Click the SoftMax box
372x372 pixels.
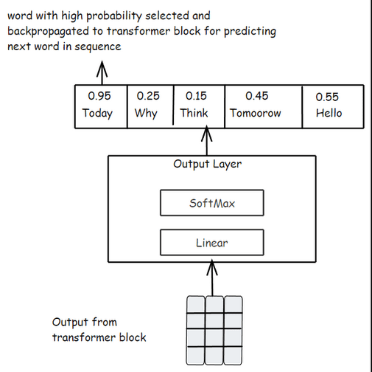[x=211, y=203]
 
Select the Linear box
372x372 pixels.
[x=211, y=242]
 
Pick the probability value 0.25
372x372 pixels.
[x=148, y=96]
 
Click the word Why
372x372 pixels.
[x=146, y=114]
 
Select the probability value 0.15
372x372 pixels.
[x=196, y=96]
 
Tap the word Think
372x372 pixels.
[x=194, y=114]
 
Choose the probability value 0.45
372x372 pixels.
[x=256, y=96]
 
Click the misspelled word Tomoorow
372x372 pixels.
[x=256, y=114]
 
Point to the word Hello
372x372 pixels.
[x=329, y=114]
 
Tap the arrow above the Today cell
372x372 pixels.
[x=102, y=72]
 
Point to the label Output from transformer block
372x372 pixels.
[x=99, y=330]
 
